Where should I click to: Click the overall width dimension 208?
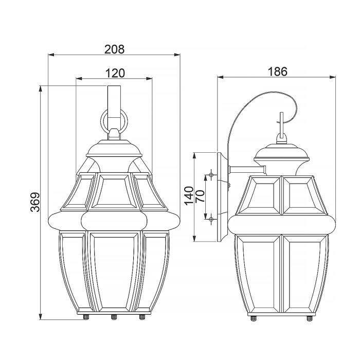114,49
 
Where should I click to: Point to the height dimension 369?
34,203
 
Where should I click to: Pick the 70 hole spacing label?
201,196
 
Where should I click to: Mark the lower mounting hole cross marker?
211,220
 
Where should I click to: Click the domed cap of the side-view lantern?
281,152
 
